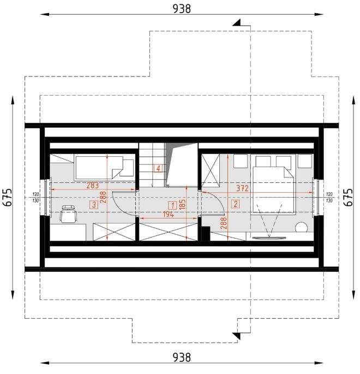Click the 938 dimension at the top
(x=182, y=8)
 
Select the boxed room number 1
(x=172, y=205)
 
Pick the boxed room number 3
(x=94, y=205)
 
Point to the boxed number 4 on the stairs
(x=158, y=168)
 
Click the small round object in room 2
(x=301, y=228)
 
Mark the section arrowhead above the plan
(x=237, y=23)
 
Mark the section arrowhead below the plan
(x=237, y=333)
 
